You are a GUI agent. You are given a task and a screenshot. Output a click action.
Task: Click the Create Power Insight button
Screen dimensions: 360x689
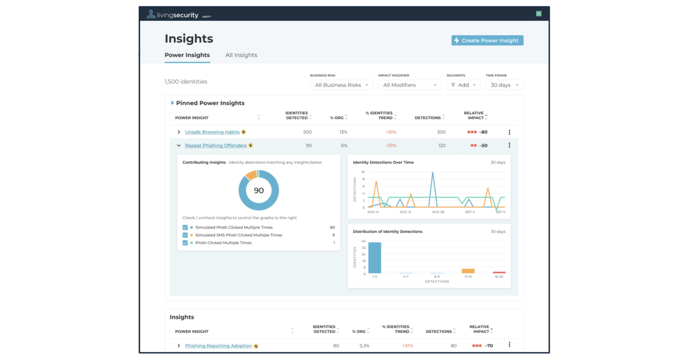(x=487, y=40)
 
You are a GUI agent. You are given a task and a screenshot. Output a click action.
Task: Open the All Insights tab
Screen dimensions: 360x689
(x=241, y=55)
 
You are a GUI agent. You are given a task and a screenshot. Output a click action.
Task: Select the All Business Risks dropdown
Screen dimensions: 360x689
(x=342, y=85)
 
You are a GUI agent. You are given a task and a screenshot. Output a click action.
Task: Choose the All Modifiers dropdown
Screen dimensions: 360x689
(x=409, y=85)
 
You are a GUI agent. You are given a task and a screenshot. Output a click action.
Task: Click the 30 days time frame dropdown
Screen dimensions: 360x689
(x=504, y=85)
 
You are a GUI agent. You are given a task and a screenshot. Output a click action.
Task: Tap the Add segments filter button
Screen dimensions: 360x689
(x=463, y=85)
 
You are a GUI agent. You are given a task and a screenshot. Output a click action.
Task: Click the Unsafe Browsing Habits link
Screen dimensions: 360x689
(x=212, y=132)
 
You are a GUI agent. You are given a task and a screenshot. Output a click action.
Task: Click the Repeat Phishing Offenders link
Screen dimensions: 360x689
(x=215, y=145)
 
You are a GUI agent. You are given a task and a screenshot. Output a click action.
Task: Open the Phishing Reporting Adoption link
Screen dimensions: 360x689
(x=218, y=346)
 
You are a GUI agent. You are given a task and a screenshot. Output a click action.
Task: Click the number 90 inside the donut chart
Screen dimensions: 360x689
(x=259, y=191)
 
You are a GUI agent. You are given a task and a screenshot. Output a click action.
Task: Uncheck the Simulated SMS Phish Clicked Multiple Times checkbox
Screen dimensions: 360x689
(x=185, y=235)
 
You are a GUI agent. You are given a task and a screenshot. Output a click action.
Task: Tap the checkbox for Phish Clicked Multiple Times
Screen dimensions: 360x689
(x=185, y=243)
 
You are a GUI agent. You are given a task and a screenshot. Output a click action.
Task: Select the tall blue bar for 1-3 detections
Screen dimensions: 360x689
(x=374, y=258)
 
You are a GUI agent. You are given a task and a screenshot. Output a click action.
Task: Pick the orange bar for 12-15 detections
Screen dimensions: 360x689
(x=468, y=271)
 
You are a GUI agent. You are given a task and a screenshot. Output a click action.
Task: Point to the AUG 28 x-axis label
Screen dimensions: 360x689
(x=438, y=212)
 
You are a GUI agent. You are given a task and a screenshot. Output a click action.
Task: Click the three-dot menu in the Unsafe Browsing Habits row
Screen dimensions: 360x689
(x=509, y=132)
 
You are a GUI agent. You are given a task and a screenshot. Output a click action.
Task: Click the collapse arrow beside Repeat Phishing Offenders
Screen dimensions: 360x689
(x=179, y=145)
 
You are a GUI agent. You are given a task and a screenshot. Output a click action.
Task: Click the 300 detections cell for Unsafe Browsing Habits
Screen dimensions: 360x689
(x=440, y=132)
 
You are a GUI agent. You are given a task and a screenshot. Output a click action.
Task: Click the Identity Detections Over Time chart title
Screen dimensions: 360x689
(x=383, y=162)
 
